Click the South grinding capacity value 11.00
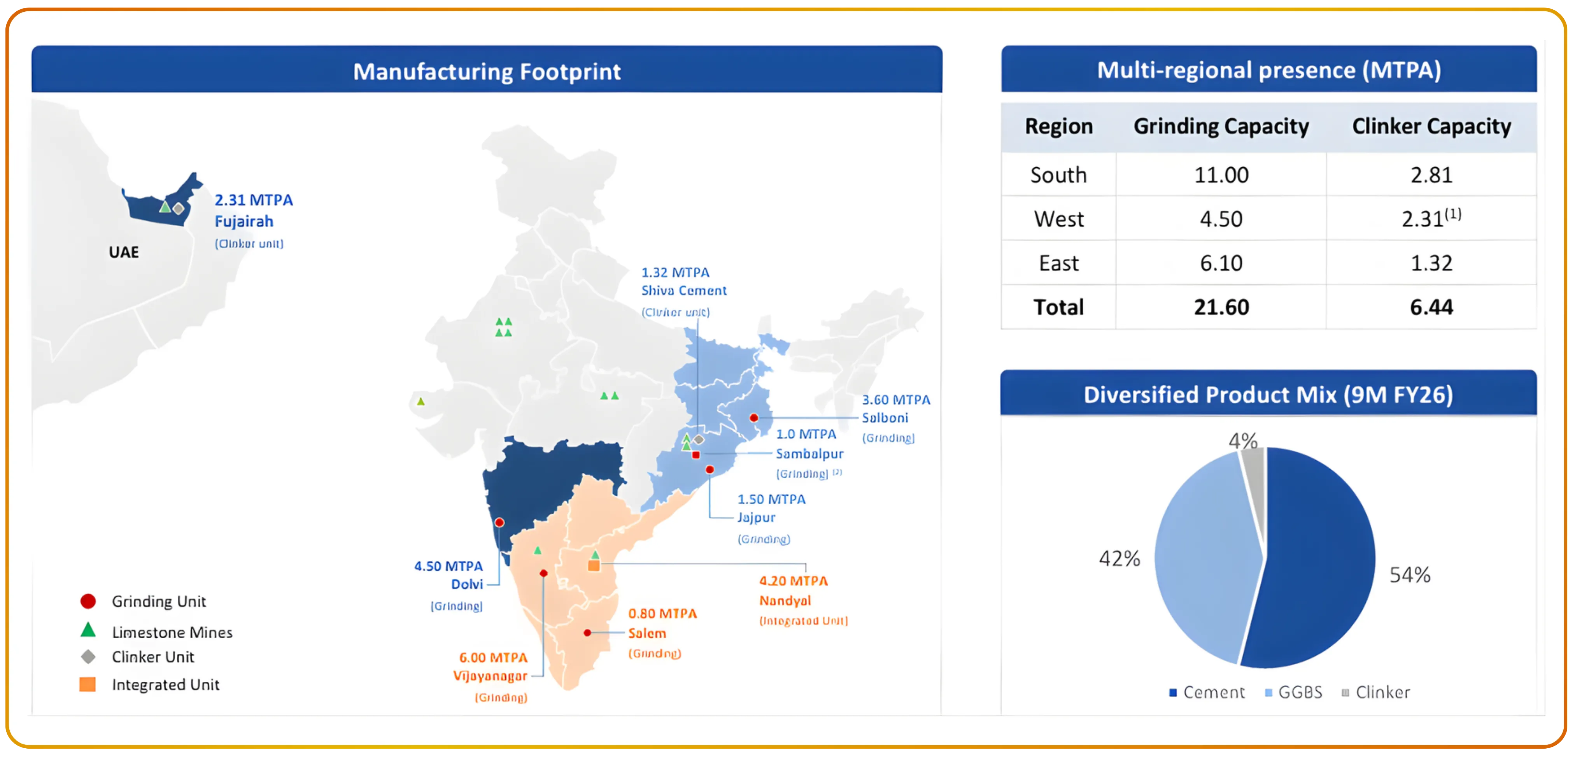point(1221,175)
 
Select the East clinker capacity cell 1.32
point(1431,263)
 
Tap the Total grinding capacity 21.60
point(1221,307)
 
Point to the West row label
point(1059,219)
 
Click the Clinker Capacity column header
point(1431,126)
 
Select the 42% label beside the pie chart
point(1119,558)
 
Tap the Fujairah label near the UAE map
point(244,221)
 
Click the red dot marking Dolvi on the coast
point(499,523)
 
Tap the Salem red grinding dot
point(588,633)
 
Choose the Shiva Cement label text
point(683,291)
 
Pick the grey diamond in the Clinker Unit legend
point(88,657)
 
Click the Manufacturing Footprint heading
point(486,71)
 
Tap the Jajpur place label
point(756,518)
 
